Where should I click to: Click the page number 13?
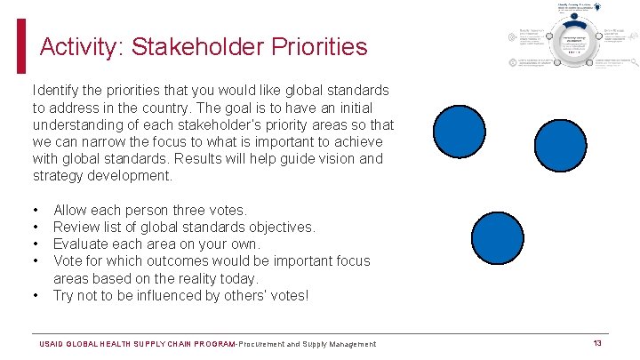coord(597,343)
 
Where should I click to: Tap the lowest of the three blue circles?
coord(498,237)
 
